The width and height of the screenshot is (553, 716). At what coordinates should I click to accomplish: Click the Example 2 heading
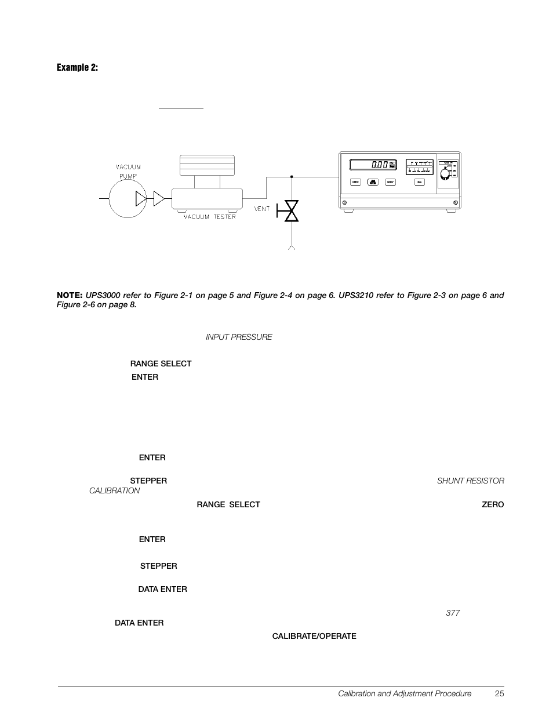77,68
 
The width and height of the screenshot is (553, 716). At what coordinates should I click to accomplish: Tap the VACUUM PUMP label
128,170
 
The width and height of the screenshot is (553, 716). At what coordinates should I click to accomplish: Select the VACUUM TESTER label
210,217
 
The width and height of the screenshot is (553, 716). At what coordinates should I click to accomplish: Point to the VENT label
263,209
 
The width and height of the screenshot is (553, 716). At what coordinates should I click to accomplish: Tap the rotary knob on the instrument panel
445,174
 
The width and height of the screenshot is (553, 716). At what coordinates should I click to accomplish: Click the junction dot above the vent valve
292,176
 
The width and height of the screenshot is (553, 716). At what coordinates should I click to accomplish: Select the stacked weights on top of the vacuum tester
207,165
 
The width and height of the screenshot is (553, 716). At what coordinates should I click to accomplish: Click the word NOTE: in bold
70,295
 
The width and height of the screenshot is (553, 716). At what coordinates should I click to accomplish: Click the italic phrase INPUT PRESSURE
239,337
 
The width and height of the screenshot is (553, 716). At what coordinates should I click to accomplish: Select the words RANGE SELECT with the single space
161,364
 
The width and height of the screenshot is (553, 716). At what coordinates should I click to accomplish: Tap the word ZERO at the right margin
493,504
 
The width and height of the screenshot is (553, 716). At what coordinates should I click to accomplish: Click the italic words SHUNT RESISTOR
470,481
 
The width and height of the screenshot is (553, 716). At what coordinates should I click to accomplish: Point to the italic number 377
453,613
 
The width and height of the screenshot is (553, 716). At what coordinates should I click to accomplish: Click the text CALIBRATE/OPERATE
314,636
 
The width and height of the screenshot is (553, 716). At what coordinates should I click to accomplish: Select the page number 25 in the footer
500,693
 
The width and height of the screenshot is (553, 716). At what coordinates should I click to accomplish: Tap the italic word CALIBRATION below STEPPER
114,490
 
